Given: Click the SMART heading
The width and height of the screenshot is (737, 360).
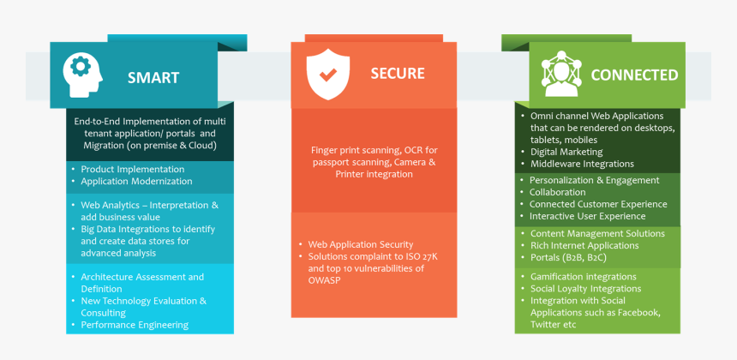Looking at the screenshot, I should coord(153,78).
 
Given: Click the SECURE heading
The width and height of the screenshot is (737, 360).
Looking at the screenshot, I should coord(398,74).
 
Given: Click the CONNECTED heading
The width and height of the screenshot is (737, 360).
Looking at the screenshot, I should coord(634,75).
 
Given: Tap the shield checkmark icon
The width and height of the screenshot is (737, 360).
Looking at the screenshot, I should coord(327,74).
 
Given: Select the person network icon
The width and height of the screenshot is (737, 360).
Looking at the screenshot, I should coord(560,75).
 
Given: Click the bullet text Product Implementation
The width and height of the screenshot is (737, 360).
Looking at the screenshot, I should coord(132,169).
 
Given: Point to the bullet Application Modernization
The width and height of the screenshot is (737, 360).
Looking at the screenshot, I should coord(136,181).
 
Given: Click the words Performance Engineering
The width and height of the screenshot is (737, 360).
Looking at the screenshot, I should coord(135,325).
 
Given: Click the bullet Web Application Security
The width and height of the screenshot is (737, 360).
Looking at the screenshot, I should coord(360,244).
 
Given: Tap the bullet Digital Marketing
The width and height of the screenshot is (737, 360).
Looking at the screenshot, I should coord(566,152).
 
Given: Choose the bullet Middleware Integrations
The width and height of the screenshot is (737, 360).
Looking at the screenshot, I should coord(582,164).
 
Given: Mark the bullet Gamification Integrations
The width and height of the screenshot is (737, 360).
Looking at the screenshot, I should coord(583,276).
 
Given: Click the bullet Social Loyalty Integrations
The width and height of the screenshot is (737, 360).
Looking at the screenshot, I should coord(585,288).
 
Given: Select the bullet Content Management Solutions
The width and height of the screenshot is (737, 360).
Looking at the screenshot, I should coord(597,233).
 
